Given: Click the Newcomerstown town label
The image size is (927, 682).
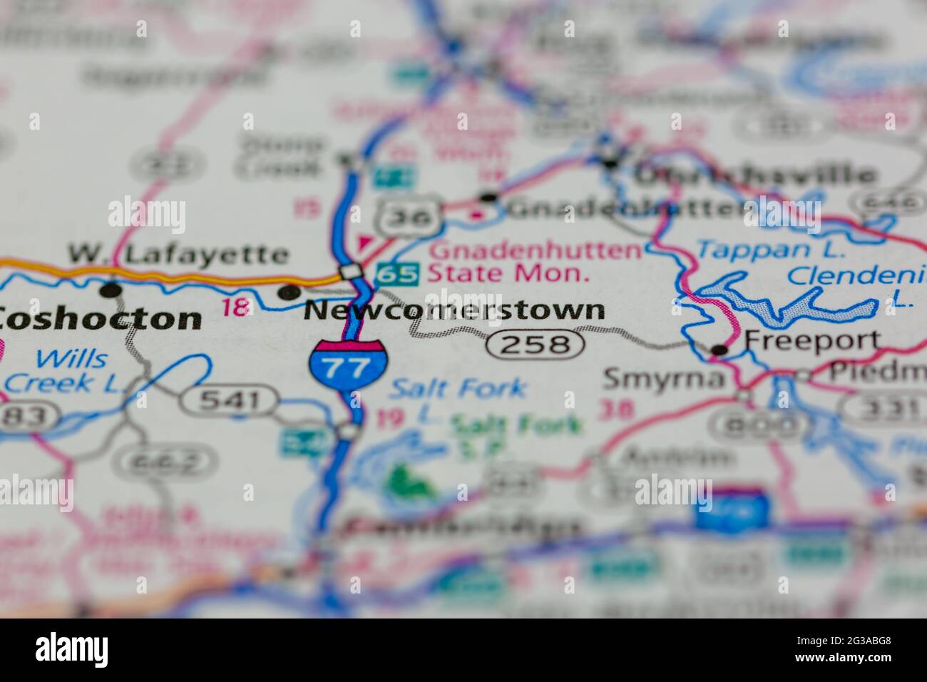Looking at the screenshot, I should click(x=454, y=311).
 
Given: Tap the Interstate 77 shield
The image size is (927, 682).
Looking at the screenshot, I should click(x=349, y=365).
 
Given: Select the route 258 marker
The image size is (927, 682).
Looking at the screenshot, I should click(x=536, y=345).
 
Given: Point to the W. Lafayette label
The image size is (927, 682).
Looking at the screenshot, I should click(x=178, y=254).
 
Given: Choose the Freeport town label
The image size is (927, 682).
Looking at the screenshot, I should click(x=812, y=340).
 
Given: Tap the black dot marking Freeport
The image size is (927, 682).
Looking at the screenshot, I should click(x=720, y=350).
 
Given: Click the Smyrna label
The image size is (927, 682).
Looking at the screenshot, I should click(x=663, y=379).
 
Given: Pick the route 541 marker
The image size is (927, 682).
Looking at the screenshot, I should click(x=229, y=400).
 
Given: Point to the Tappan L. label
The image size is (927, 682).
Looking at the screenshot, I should click(x=770, y=249).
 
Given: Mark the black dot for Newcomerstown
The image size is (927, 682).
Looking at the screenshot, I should click(x=289, y=291).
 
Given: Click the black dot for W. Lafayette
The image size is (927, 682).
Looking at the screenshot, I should click(x=111, y=290).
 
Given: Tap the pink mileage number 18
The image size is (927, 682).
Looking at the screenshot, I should click(x=236, y=307).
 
